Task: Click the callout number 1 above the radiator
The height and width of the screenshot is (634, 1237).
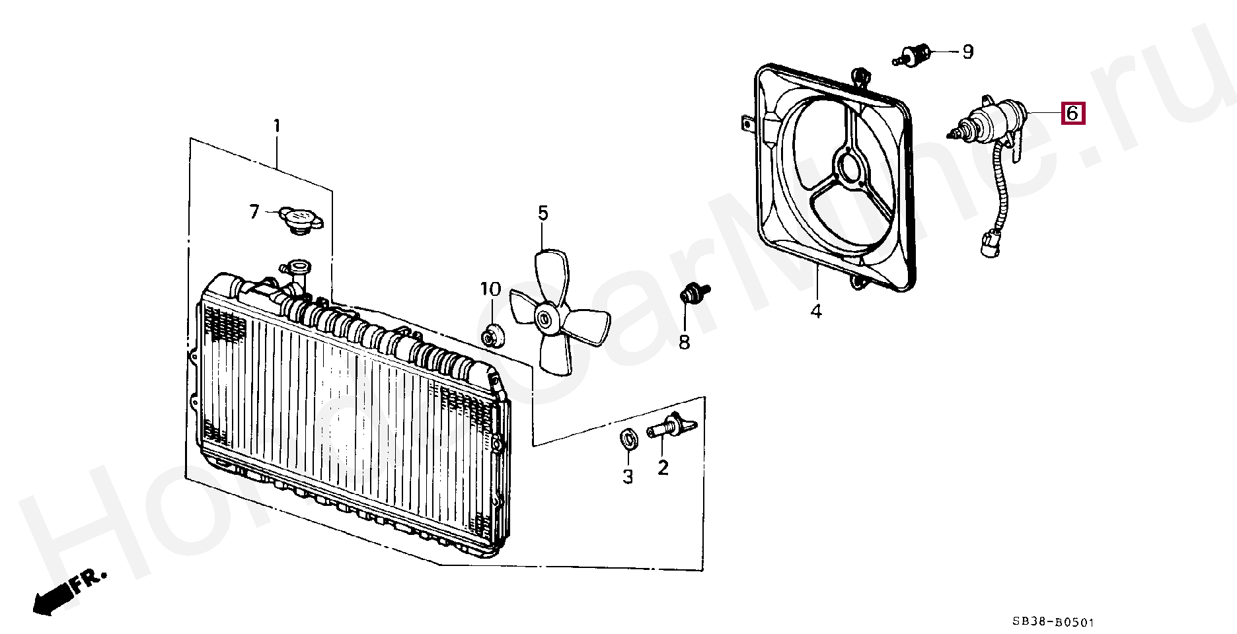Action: (x=277, y=125)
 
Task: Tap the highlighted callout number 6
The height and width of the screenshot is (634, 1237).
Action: (x=1071, y=113)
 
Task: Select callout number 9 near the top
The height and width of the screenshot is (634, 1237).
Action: (x=967, y=52)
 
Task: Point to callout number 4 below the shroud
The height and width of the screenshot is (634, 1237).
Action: (x=816, y=310)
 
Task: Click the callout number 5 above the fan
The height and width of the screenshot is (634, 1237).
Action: (x=543, y=213)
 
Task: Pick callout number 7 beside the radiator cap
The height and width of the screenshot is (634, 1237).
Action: (x=254, y=211)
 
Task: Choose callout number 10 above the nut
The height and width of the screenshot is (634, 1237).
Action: (x=490, y=289)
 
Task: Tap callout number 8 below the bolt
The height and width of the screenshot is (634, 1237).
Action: (x=684, y=342)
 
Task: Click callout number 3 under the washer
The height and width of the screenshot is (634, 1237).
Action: (x=628, y=475)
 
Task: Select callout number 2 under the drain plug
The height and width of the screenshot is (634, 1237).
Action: (x=663, y=468)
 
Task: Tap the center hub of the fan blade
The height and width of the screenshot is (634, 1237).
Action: (x=545, y=320)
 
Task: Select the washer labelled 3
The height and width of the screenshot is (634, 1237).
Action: (x=628, y=438)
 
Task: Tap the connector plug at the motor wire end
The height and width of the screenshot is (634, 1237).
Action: (x=989, y=245)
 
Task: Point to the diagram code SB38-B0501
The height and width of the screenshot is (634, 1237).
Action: (x=1053, y=621)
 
